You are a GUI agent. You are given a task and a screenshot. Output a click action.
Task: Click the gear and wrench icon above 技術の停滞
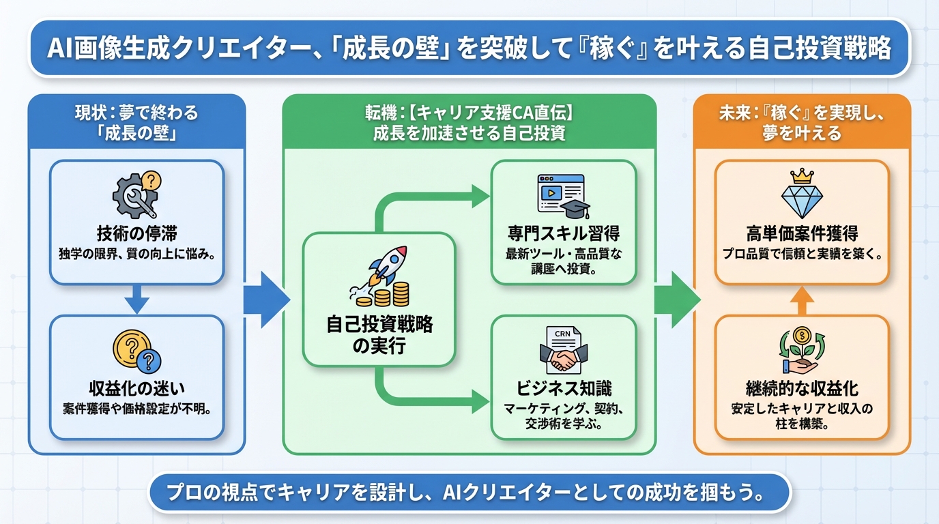[136, 194]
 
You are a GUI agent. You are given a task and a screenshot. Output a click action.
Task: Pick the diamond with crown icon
[802, 195]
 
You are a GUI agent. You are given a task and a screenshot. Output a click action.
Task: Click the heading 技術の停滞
[136, 234]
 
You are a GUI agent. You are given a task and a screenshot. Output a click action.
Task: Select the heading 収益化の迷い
[136, 389]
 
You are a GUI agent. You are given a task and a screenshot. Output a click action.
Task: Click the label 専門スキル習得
[564, 234]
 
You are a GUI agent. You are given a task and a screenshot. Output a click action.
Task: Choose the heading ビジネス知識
[564, 388]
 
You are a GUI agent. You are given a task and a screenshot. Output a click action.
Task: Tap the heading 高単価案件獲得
[802, 234]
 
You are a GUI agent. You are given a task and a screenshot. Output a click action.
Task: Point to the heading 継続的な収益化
[802, 389]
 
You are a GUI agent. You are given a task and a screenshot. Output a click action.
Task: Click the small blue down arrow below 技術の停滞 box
[136, 299]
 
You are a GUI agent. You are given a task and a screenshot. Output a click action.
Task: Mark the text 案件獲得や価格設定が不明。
[136, 410]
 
